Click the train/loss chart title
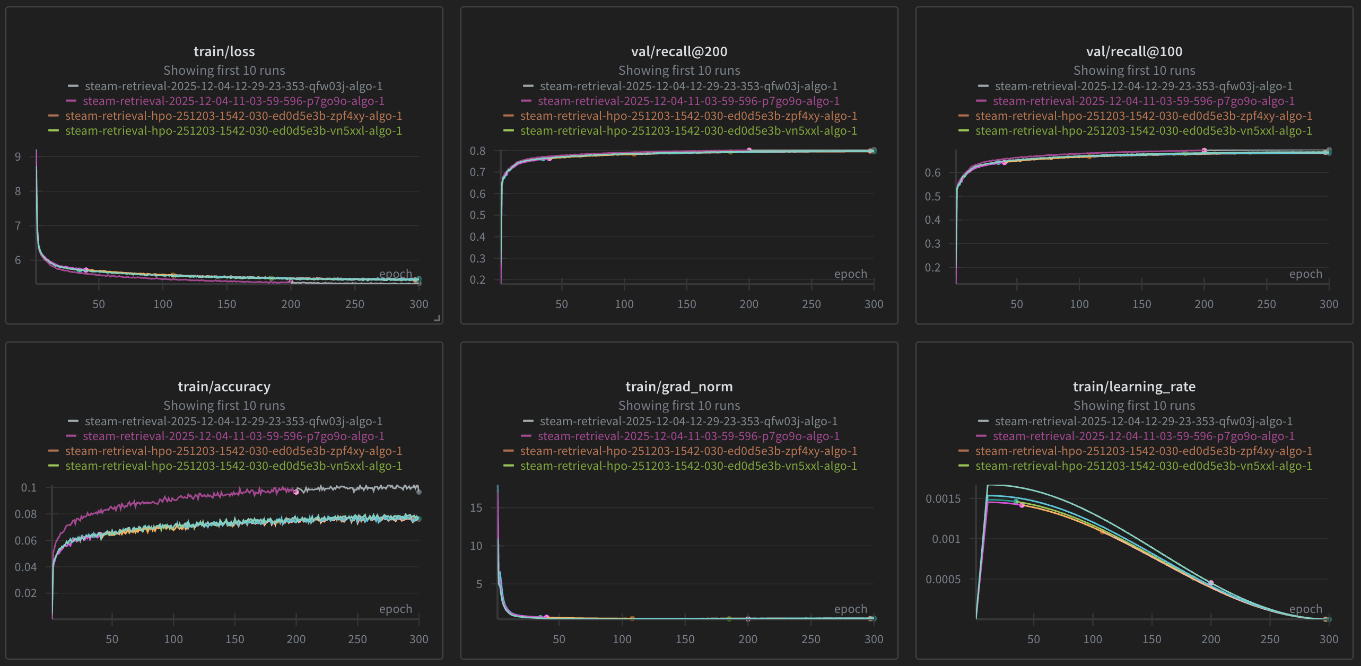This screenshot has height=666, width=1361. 224,51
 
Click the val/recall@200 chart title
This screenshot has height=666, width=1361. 679,51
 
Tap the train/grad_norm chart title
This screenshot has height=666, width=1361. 679,387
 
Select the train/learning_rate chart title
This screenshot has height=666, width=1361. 1134,387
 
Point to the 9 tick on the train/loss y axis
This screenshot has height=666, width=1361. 18,156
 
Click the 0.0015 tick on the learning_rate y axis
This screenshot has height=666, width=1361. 943,498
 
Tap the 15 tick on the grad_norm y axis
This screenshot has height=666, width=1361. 476,507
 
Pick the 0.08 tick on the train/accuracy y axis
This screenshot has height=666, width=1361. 25,514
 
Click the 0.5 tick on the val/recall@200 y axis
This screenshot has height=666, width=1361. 477,215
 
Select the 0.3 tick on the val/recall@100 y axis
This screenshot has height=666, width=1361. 932,243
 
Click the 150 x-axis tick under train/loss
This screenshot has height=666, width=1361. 226,304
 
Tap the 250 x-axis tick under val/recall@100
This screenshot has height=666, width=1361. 1266,304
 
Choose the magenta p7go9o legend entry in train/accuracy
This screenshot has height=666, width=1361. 233,436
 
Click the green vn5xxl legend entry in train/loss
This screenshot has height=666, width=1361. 233,130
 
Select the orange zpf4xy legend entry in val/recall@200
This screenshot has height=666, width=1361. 688,116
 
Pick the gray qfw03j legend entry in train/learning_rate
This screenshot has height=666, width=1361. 1144,421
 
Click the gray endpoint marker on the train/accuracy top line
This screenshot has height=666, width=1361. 419,492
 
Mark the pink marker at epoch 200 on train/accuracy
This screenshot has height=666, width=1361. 296,492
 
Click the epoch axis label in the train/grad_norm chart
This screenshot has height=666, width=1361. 850,609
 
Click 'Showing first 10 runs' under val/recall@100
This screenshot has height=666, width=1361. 1134,70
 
